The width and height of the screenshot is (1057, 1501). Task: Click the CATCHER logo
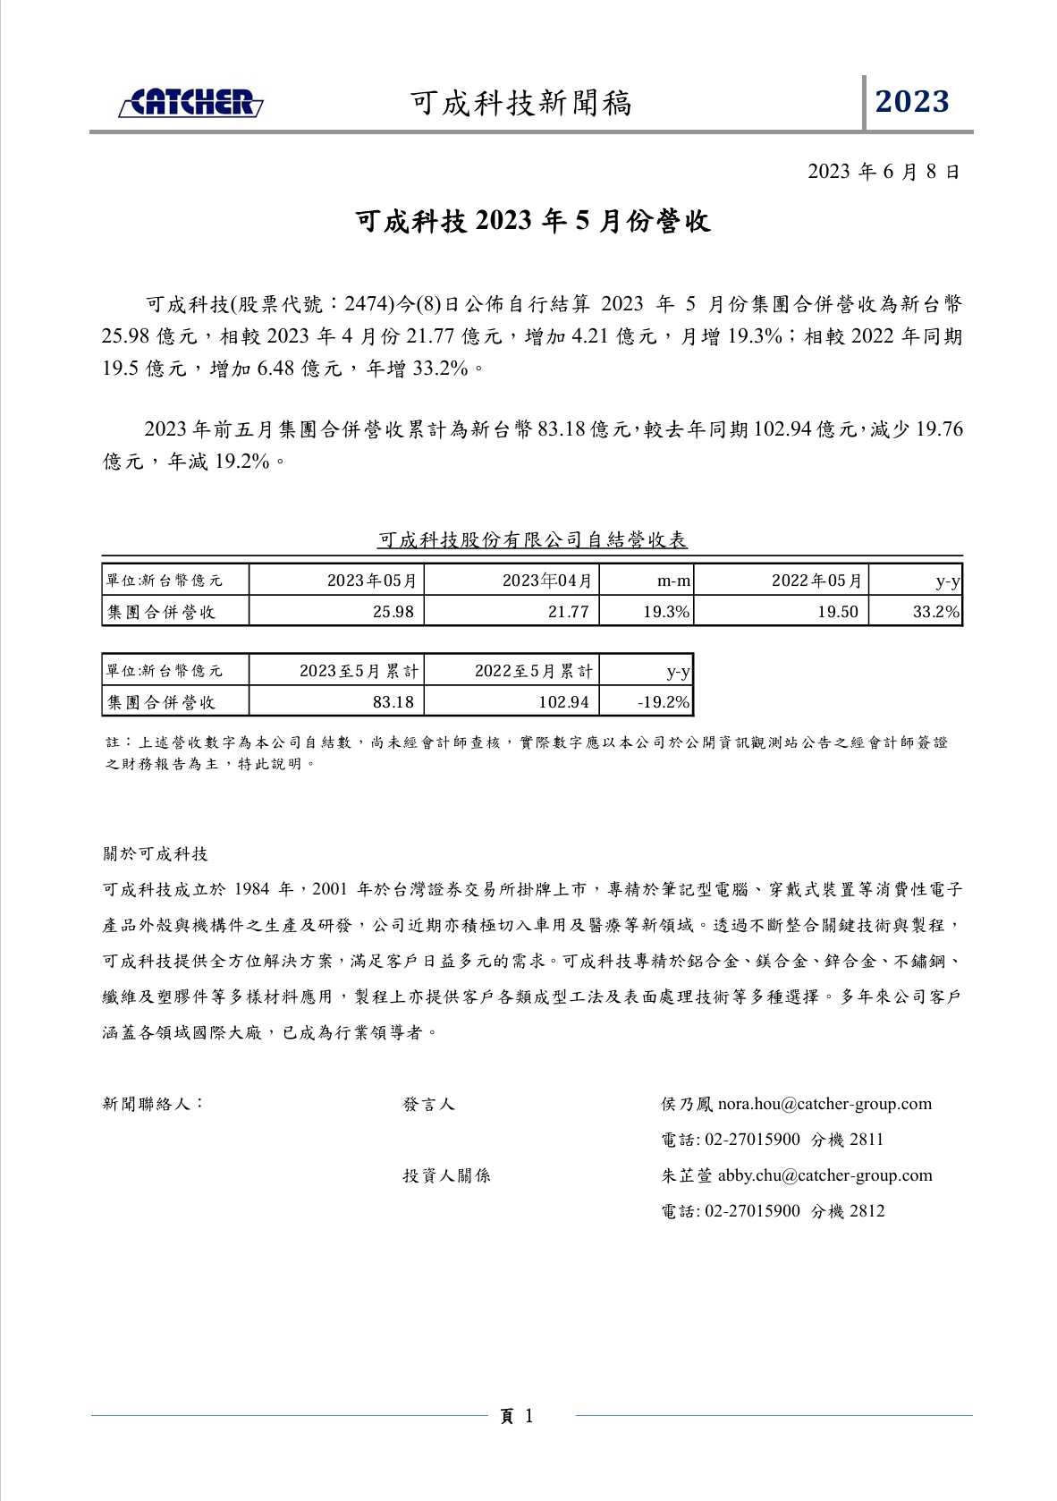(x=190, y=103)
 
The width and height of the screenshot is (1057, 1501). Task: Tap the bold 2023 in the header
(x=912, y=102)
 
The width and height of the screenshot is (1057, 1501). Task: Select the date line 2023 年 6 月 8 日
(x=884, y=172)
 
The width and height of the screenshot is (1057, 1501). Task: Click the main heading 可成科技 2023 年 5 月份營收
(x=533, y=221)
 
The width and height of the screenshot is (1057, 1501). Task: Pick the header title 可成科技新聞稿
(x=521, y=104)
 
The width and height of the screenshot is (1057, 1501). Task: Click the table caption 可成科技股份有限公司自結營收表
(x=532, y=539)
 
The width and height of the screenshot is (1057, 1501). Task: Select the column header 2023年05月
(x=372, y=581)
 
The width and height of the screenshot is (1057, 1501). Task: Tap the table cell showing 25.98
(x=393, y=612)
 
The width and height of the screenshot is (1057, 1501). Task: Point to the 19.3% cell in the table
(x=666, y=612)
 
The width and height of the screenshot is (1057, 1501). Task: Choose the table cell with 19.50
(x=838, y=612)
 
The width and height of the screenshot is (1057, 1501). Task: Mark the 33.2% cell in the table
(x=935, y=612)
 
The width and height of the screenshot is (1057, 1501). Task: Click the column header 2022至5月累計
(x=534, y=671)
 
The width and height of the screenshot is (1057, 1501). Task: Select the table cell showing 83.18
(x=393, y=702)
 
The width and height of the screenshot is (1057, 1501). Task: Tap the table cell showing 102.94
(x=563, y=702)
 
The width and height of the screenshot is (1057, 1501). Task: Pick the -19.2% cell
(x=664, y=702)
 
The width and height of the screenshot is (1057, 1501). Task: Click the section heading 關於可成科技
(x=156, y=853)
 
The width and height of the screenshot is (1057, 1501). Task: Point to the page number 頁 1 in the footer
(x=516, y=1416)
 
